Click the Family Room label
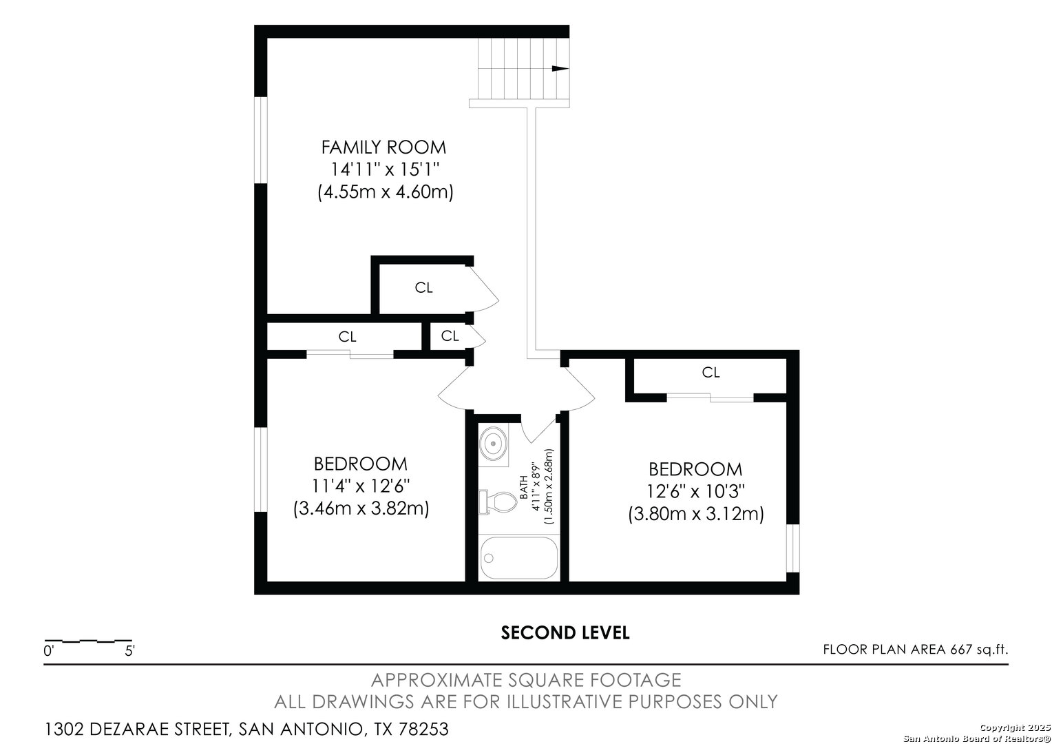pyautogui.click(x=383, y=147)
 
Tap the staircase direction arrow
pyautogui.click(x=560, y=69)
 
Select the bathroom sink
pyautogui.click(x=493, y=443)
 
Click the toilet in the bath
pyautogui.click(x=498, y=502)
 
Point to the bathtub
pyautogui.click(x=519, y=558)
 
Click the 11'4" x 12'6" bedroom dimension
pyautogui.click(x=361, y=486)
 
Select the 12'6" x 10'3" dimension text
pyautogui.click(x=695, y=492)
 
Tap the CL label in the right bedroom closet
pyautogui.click(x=711, y=373)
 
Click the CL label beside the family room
pyautogui.click(x=423, y=288)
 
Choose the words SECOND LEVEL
pyautogui.click(x=565, y=633)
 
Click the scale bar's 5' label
pyautogui.click(x=129, y=651)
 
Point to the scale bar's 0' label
pyautogui.click(x=49, y=651)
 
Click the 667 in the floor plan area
pyautogui.click(x=961, y=650)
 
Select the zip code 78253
pyautogui.click(x=423, y=729)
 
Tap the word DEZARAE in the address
pyautogui.click(x=129, y=729)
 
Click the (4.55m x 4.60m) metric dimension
pyautogui.click(x=385, y=192)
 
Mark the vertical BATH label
pyautogui.click(x=524, y=487)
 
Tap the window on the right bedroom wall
pyautogui.click(x=792, y=548)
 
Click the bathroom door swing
pyautogui.click(x=539, y=430)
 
